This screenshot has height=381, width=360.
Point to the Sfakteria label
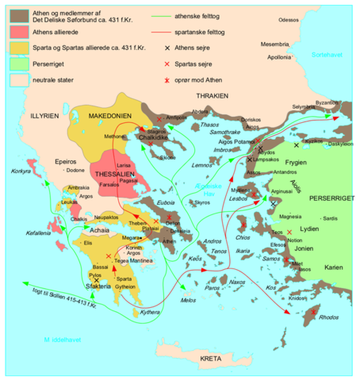coord(94,288)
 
